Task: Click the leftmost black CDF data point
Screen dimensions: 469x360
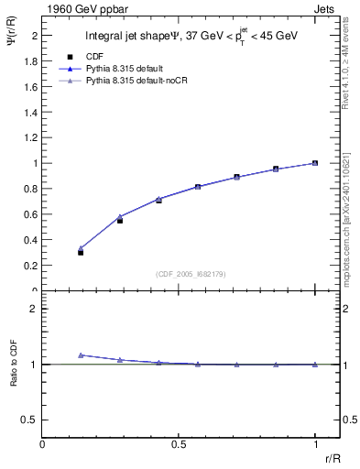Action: [81, 252]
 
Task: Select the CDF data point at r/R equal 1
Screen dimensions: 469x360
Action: [315, 163]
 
